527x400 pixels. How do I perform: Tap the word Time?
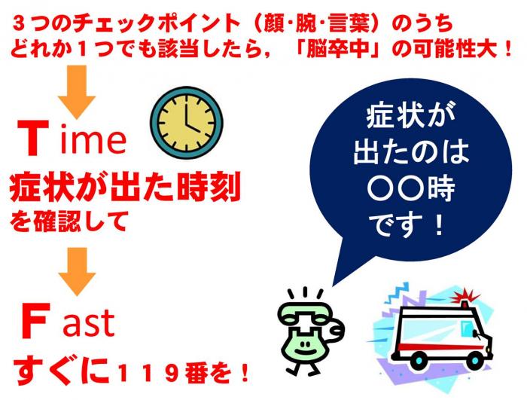(72, 139)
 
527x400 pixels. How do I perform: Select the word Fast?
(68, 321)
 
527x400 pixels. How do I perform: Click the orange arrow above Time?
(77, 92)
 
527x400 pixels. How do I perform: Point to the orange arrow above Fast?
(77, 271)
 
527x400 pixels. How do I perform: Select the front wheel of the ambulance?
(473, 361)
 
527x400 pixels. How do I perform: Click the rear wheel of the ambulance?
(419, 361)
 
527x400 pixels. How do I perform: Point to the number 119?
(148, 373)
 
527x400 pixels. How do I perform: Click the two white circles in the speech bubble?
(394, 189)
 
